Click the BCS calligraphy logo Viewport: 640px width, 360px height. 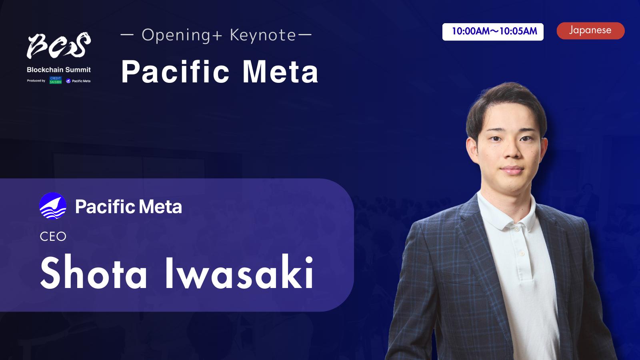(59, 45)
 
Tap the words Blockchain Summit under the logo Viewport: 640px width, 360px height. (59, 70)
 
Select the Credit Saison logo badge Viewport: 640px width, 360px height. (56, 80)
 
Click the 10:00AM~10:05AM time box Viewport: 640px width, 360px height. (493, 32)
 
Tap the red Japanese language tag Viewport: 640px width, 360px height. (590, 30)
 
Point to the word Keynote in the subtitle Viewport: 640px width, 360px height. (262, 35)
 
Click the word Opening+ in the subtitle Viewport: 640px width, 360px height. (182, 36)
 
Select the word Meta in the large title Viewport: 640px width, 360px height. (280, 72)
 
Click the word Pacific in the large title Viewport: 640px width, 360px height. (175, 72)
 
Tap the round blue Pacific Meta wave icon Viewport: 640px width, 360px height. (53, 206)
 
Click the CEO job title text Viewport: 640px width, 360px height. (53, 236)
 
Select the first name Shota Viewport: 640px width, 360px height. (94, 273)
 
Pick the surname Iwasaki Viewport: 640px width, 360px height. (240, 273)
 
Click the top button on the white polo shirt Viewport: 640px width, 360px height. (516, 230)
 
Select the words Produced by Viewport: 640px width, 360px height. (36, 81)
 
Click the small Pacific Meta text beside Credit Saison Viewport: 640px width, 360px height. (81, 81)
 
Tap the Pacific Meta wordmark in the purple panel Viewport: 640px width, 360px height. (128, 206)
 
